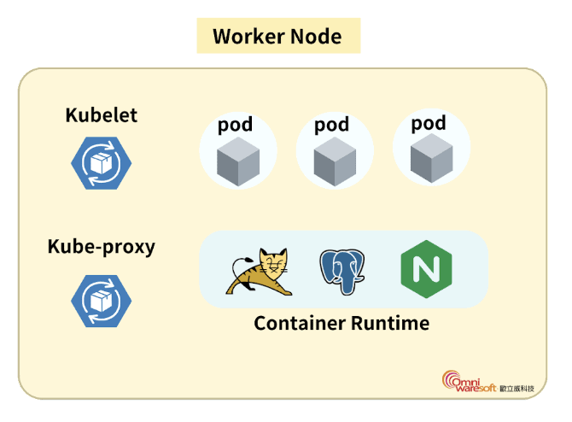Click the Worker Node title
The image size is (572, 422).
click(x=277, y=37)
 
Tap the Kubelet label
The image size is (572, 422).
click(x=101, y=115)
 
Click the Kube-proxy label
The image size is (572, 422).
click(x=101, y=248)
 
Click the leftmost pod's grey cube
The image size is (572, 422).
click(x=236, y=163)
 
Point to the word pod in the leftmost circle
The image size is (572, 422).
click(x=235, y=125)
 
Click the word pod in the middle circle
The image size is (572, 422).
click(x=331, y=125)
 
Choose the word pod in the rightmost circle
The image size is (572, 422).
click(x=429, y=123)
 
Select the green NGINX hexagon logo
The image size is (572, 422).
click(x=424, y=269)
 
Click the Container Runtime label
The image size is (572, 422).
click(x=341, y=324)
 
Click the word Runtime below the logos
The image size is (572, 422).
click(x=389, y=324)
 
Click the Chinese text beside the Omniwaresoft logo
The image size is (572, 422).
click(x=517, y=389)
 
